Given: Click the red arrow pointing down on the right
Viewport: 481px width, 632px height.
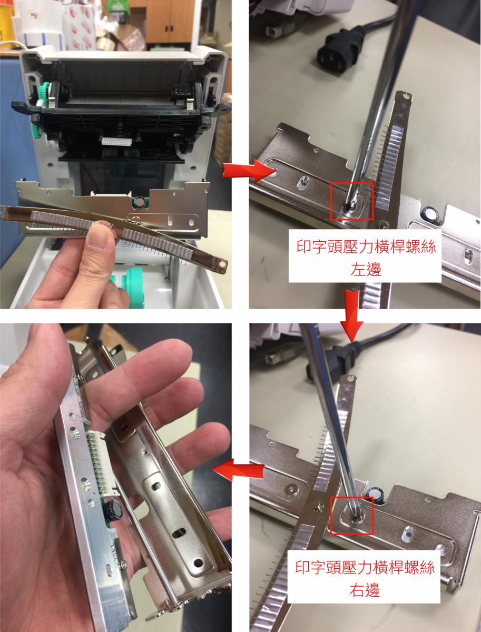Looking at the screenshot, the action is point(351,315).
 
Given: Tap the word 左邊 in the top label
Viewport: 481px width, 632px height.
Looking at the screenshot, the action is point(366,269).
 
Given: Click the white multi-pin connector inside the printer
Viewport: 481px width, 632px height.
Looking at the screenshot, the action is point(116,141).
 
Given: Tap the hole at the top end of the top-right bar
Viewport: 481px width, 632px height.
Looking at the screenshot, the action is point(406,97).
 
